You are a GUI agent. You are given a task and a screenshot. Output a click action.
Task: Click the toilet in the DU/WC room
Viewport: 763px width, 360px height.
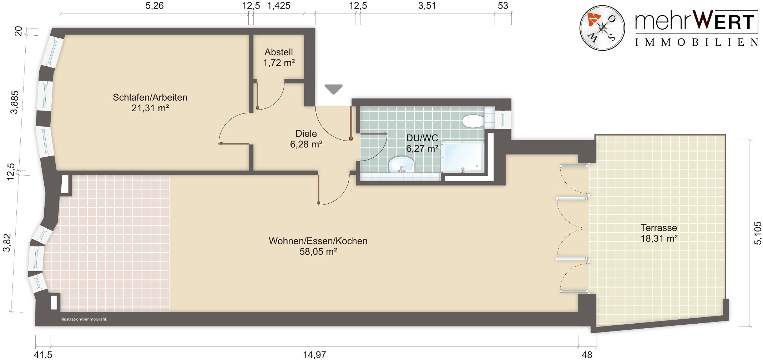pyautogui.click(x=473, y=121)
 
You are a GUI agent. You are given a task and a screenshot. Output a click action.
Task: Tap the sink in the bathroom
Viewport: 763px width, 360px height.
pyautogui.click(x=401, y=165)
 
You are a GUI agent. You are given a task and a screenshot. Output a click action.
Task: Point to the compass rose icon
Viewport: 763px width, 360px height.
pyautogui.click(x=602, y=28)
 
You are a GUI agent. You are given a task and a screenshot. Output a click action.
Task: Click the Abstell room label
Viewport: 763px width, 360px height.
pyautogui.click(x=279, y=52)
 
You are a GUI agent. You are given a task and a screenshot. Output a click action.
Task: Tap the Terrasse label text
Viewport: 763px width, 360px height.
pyautogui.click(x=659, y=228)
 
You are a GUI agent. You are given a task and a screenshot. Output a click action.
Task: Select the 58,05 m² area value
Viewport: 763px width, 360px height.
pyautogui.click(x=318, y=252)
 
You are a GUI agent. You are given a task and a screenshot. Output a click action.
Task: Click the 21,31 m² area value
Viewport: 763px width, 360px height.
pyautogui.click(x=150, y=108)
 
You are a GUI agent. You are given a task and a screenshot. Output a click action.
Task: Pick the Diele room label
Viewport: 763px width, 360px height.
pyautogui.click(x=306, y=133)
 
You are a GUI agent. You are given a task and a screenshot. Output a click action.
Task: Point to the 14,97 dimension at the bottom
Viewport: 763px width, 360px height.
pyautogui.click(x=314, y=355)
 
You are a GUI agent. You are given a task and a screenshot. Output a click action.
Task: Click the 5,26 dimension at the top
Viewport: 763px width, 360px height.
pyautogui.click(x=155, y=6)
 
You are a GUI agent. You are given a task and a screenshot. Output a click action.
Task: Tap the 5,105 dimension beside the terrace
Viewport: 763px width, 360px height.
pyautogui.click(x=758, y=233)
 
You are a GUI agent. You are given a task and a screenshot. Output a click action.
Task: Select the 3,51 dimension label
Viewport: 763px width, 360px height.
pyautogui.click(x=427, y=6)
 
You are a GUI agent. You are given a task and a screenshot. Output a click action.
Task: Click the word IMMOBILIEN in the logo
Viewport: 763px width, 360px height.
pyautogui.click(x=697, y=42)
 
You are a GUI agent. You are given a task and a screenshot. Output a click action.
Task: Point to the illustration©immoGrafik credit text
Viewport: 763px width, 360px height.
pyautogui.click(x=84, y=319)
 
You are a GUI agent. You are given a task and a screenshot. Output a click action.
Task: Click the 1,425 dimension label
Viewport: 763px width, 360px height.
pyautogui.click(x=279, y=6)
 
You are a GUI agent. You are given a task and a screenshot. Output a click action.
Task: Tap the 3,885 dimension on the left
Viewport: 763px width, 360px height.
pyautogui.click(x=15, y=102)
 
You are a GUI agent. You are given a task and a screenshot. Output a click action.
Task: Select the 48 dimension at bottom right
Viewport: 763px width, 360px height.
pyautogui.click(x=587, y=355)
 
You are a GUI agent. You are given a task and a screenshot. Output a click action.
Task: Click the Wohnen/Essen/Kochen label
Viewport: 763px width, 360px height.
pyautogui.click(x=318, y=241)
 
